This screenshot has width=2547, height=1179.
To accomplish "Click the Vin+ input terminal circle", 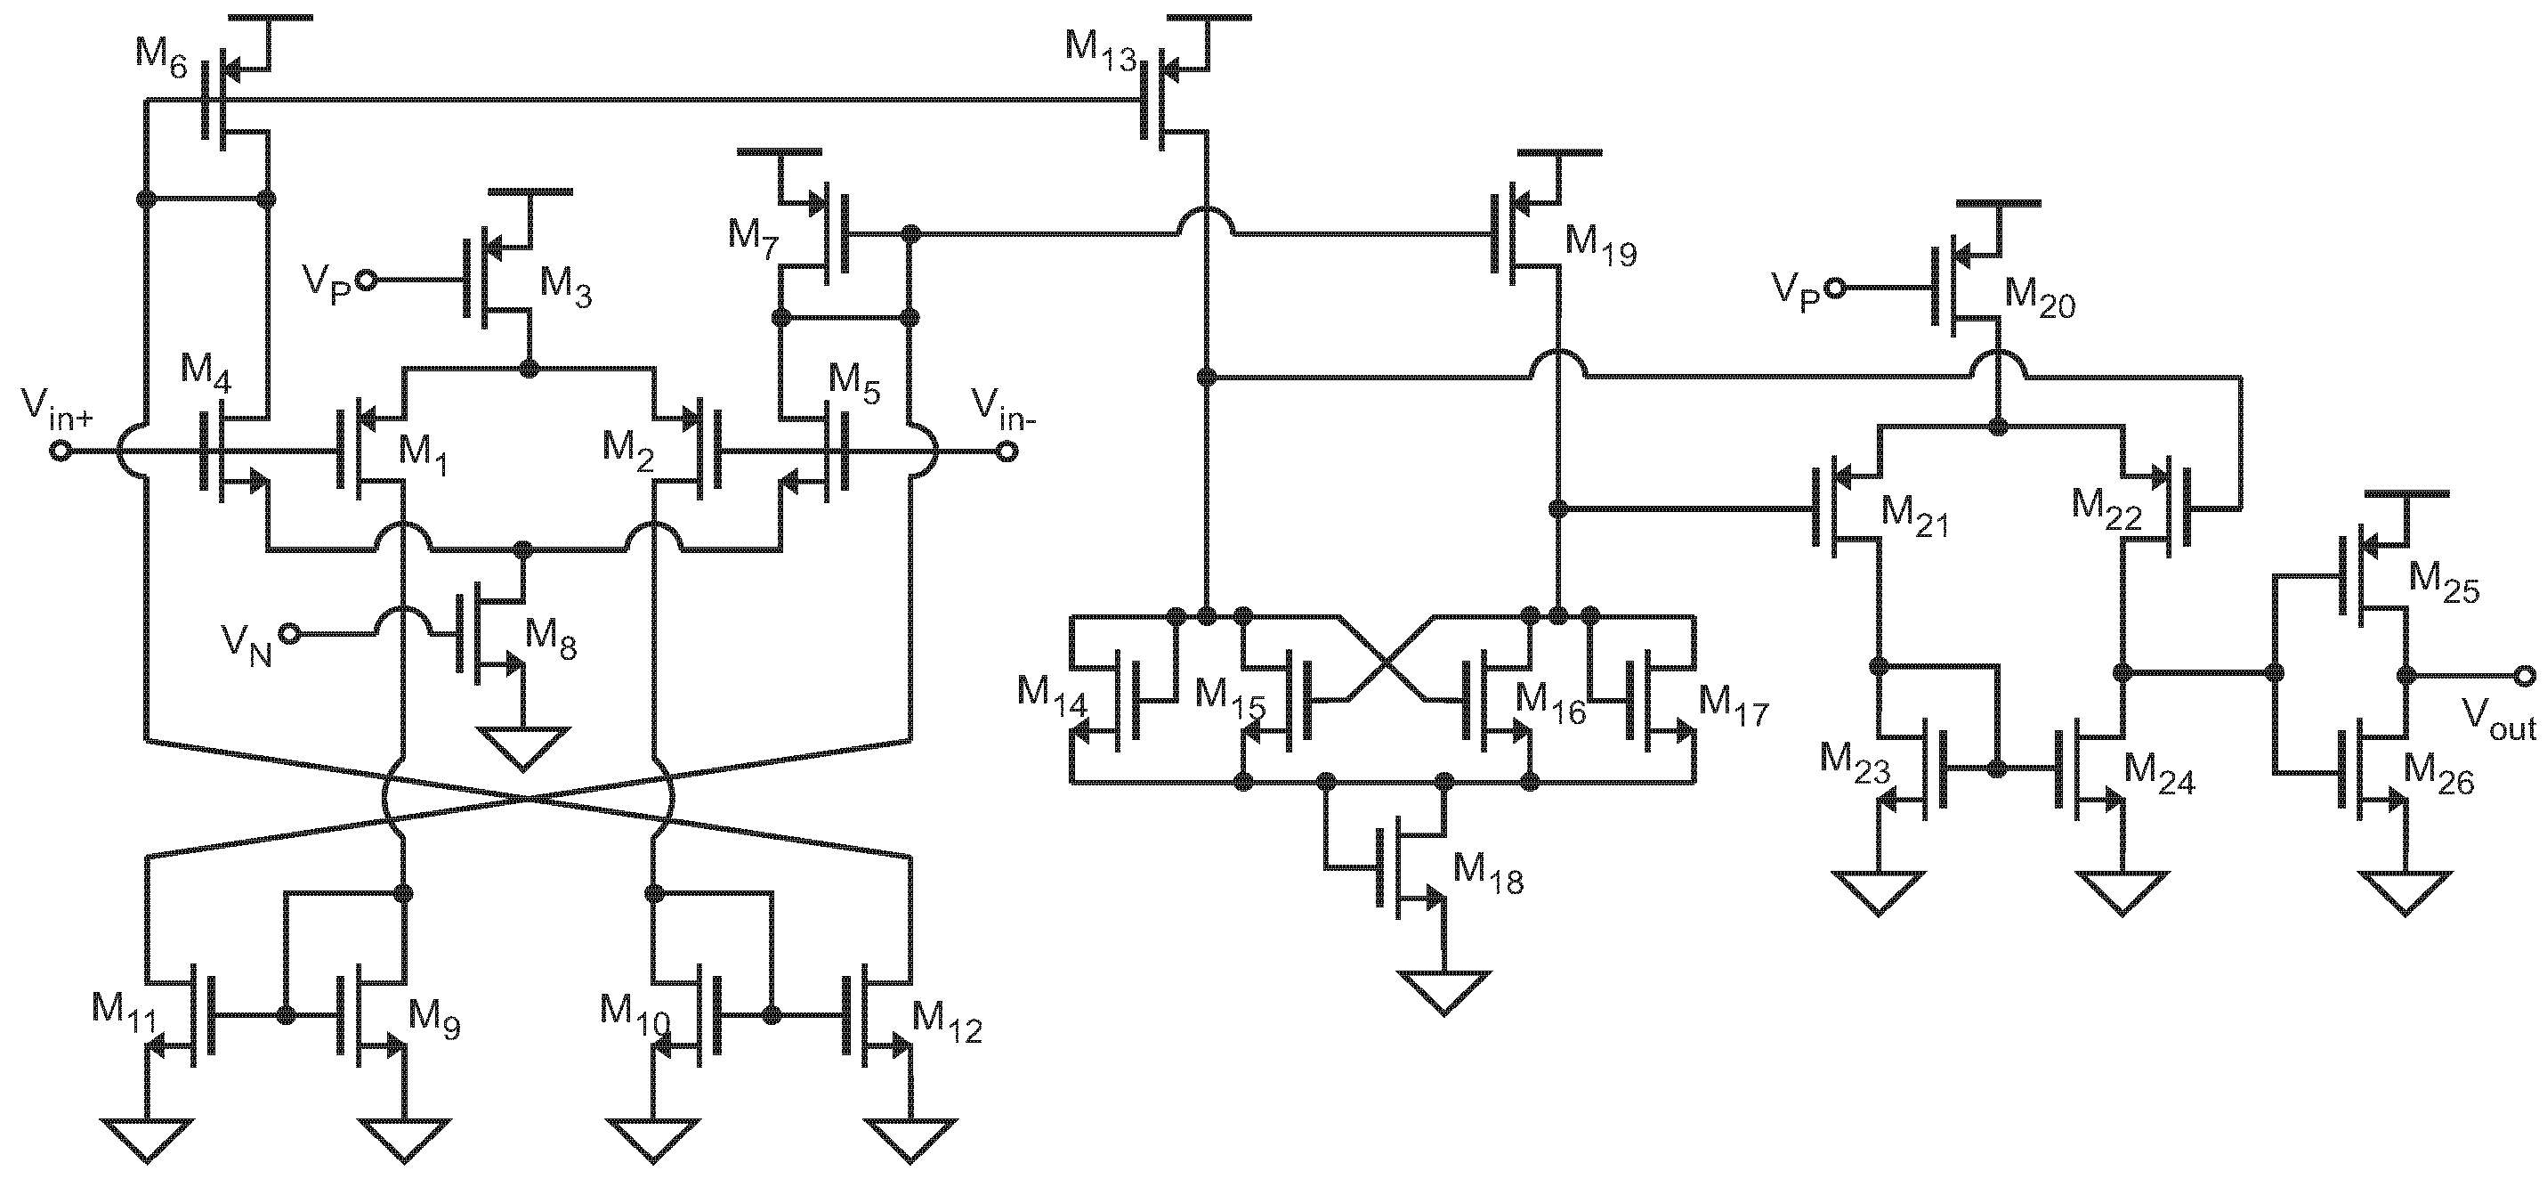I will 61,452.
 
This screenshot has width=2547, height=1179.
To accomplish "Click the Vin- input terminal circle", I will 1007,452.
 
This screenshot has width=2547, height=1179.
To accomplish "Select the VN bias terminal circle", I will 288,633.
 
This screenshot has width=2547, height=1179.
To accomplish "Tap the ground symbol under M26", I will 2405,891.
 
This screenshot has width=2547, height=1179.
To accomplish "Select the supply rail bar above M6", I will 269,18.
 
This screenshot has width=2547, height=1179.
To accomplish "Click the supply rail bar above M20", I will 1998,203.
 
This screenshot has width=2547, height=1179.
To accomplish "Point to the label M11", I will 124,1012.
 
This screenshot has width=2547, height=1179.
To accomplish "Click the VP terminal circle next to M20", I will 1834,288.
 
